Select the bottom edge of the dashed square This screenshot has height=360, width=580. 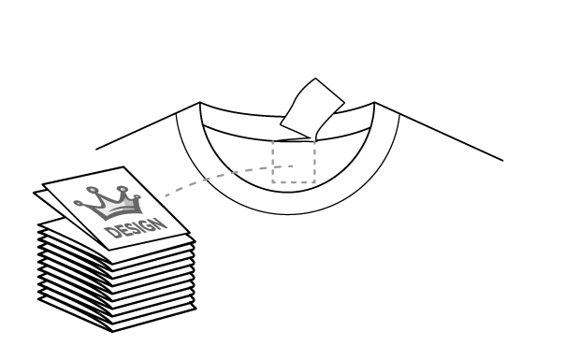(293, 182)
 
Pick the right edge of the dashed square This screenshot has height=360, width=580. (314, 162)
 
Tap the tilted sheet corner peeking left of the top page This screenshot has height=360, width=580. (43, 196)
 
